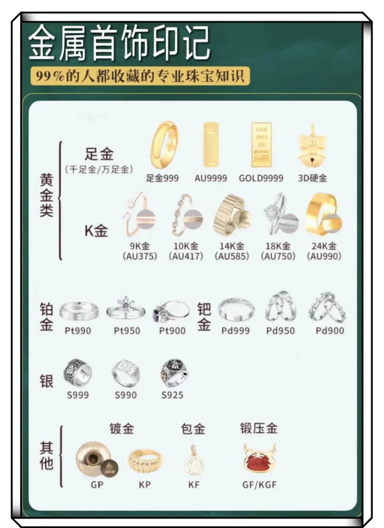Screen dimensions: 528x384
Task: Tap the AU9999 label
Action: [x=210, y=178]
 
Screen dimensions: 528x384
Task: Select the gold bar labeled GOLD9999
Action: [x=261, y=145]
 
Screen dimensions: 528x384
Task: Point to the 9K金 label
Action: [x=140, y=246]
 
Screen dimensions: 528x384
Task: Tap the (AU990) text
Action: [x=324, y=256]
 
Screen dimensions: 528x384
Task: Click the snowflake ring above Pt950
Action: [x=126, y=309]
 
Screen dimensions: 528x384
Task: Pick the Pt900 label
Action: [x=172, y=331]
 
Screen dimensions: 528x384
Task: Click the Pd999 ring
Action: [x=236, y=310]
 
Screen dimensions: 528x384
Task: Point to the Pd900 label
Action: [x=330, y=331]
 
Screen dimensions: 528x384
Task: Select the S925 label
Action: [x=172, y=395]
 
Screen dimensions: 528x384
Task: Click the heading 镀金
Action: [x=121, y=429]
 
